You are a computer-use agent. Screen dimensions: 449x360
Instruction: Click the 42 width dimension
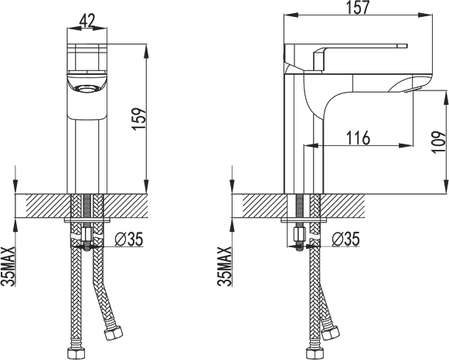(x=87, y=21)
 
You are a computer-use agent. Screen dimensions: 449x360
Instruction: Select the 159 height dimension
(x=140, y=119)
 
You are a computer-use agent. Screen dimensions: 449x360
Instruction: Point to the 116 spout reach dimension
(x=359, y=138)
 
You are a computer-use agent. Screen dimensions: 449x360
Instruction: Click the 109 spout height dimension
(x=440, y=142)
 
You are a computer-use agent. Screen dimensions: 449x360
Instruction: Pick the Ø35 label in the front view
(x=128, y=239)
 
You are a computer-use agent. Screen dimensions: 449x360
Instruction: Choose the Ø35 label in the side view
(x=345, y=239)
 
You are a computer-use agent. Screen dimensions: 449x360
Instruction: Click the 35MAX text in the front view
(x=8, y=266)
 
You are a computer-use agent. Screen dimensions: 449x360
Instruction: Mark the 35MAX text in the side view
(x=224, y=266)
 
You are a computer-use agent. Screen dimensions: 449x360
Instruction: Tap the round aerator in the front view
(x=87, y=88)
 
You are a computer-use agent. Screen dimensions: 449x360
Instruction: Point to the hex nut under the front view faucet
(x=87, y=234)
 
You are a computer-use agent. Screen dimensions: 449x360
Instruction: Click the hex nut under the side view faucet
(x=300, y=234)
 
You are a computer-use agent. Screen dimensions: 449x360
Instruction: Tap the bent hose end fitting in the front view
(x=113, y=333)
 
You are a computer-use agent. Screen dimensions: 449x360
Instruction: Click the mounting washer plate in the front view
(x=87, y=220)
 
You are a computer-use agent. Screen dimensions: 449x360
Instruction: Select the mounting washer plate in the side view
(x=304, y=220)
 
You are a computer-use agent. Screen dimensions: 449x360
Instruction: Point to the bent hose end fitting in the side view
(x=330, y=334)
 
